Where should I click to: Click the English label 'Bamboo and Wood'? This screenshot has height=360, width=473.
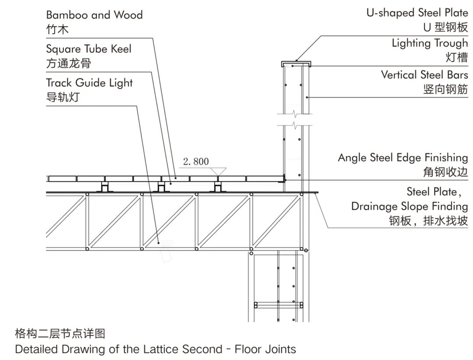click(94, 15)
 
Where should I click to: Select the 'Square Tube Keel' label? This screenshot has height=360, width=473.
click(88, 49)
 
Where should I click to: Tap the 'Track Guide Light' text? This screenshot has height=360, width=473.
click(89, 83)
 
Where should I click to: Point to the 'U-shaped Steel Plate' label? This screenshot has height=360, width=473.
click(417, 13)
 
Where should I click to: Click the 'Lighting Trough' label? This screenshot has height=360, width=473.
click(430, 43)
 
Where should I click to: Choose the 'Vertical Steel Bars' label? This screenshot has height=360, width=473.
click(424, 74)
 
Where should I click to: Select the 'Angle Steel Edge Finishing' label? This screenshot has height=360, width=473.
click(402, 158)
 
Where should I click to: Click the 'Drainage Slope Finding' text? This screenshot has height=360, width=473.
click(409, 206)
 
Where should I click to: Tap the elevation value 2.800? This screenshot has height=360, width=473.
click(196, 162)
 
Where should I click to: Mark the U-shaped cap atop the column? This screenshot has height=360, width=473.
click(297, 64)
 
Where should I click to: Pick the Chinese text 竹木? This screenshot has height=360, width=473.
click(57, 29)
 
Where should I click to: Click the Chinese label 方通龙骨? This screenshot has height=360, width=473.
click(68, 63)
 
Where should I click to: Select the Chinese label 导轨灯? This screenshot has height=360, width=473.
click(63, 97)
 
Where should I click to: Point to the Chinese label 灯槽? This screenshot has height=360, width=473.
click(457, 57)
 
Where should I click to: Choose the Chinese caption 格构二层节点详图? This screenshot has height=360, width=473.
click(60, 334)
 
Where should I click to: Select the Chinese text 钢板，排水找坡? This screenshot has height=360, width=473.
click(428, 221)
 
